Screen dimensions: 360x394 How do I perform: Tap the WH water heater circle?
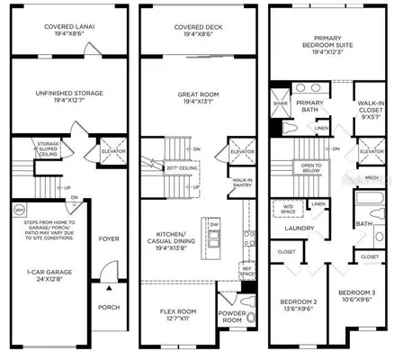(x=19, y=210)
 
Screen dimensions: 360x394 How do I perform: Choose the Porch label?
(x=109, y=305)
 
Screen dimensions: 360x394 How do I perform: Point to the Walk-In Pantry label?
(x=242, y=184)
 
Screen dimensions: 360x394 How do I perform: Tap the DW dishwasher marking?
(x=214, y=225)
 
